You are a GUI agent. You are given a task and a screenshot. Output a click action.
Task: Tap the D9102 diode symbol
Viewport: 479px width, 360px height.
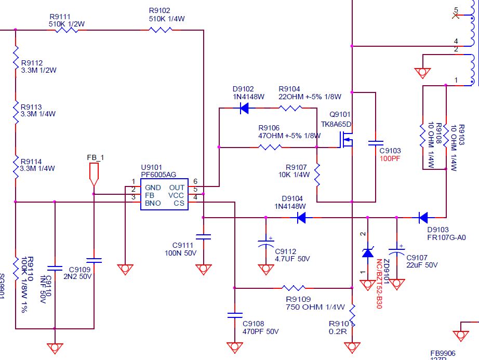244,108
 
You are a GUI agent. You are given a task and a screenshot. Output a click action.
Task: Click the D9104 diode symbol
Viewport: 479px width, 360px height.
301,218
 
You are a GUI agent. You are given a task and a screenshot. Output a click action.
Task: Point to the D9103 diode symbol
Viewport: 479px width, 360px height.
423,217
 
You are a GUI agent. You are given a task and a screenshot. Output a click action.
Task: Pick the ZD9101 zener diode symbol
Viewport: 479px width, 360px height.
368,253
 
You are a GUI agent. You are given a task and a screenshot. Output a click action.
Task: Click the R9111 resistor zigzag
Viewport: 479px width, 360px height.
66,30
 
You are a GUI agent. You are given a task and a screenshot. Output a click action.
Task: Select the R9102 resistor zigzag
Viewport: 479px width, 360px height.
161,30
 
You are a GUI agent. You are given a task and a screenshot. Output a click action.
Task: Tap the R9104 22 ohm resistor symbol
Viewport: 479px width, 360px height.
291,108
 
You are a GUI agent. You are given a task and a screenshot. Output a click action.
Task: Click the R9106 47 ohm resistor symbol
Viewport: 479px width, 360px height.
270,148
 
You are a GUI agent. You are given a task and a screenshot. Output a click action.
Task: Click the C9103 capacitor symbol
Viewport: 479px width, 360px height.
375,143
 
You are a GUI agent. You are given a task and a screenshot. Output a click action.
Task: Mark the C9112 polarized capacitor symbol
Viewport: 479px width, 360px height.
266,243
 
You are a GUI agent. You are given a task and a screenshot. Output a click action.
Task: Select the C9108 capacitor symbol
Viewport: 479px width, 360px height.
235,315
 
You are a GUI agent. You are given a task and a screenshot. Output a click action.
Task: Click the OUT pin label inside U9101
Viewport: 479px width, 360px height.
176,188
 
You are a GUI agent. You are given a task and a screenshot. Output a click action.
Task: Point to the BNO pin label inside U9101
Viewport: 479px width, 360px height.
153,203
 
